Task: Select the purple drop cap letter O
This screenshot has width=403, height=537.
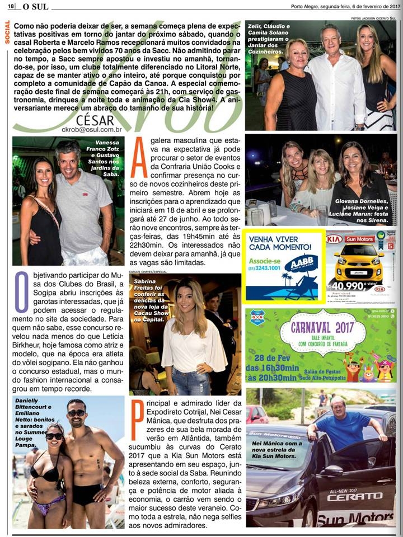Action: click(21, 292)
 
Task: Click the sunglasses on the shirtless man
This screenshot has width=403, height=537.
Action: click(76, 413)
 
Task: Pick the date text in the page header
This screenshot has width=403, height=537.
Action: click(343, 6)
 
